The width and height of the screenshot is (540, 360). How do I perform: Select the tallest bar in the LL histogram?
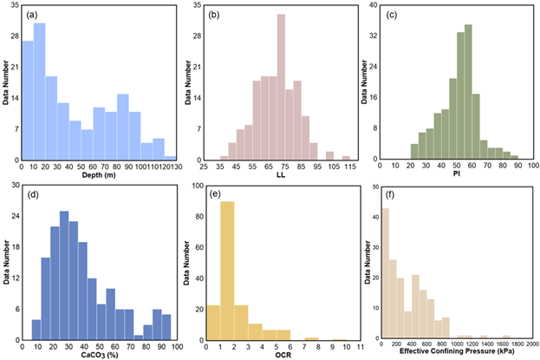point(281,87)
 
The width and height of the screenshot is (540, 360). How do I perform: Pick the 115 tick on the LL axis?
point(346,165)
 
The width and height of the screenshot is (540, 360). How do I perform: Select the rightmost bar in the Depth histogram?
point(171,158)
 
